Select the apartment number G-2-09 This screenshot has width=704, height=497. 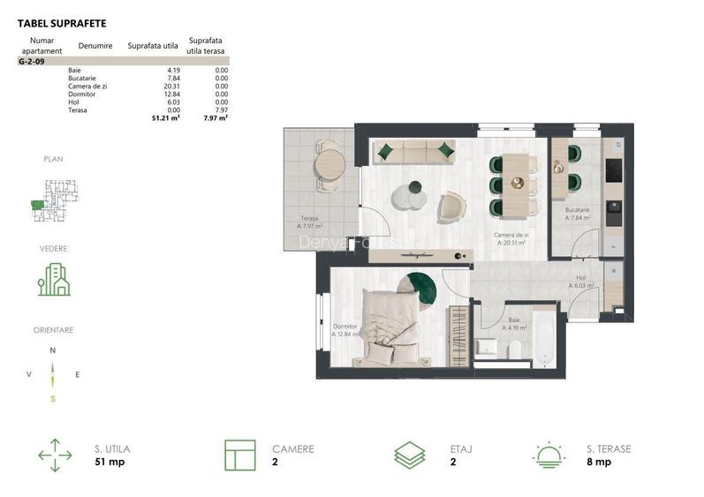(32, 62)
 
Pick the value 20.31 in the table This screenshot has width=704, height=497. (169, 86)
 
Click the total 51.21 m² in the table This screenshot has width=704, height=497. (166, 117)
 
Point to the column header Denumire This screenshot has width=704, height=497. (95, 44)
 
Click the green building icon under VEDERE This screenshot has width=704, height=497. (53, 278)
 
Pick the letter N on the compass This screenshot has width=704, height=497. (53, 350)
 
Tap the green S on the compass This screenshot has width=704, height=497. (53, 398)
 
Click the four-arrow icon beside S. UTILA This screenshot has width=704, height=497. (55, 455)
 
